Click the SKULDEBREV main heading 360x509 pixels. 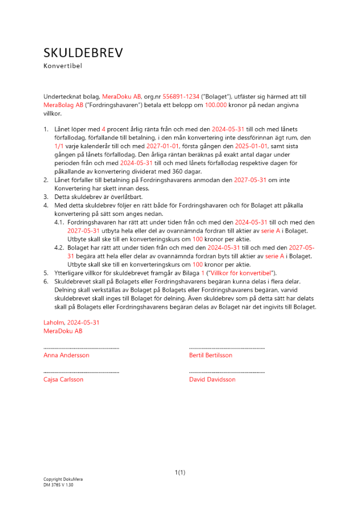coord(83,53)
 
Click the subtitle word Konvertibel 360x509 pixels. coord(63,66)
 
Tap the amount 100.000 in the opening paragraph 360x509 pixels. coord(215,105)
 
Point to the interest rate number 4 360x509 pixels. coord(103,129)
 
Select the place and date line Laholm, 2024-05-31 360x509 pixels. coord(71,323)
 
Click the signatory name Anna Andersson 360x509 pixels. coord(66,355)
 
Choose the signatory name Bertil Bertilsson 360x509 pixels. coord(210,355)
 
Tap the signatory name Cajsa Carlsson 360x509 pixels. coord(64,380)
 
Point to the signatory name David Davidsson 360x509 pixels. coord(212,380)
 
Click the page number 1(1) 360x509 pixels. coord(180,473)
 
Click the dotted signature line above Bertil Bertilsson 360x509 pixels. coord(227,348)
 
